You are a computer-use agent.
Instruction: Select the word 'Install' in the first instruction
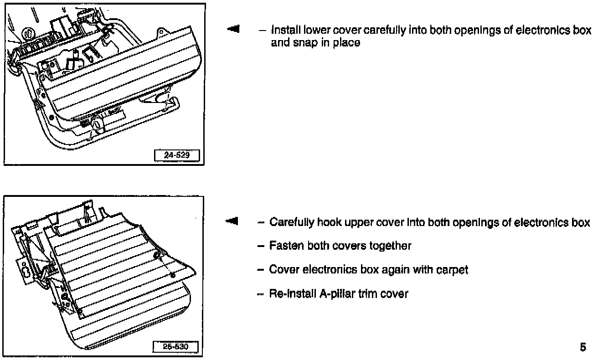(284, 31)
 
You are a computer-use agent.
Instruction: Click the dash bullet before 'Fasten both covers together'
(261, 246)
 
